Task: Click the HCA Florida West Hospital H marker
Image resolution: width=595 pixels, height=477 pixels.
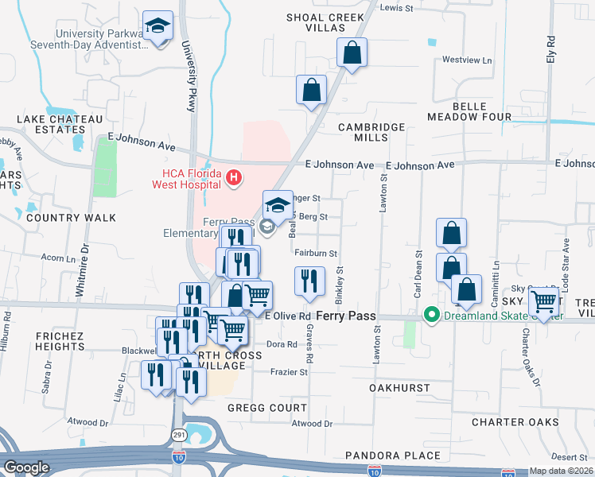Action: (x=234, y=176)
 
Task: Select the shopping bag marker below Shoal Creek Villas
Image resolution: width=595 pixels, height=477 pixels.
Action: (x=352, y=54)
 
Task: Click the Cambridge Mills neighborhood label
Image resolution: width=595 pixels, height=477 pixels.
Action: (x=371, y=132)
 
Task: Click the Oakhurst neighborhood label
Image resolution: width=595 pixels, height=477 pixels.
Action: (x=399, y=388)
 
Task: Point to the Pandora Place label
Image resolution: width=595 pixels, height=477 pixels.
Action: (x=392, y=456)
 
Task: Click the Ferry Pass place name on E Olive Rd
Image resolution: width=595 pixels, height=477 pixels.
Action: (x=346, y=316)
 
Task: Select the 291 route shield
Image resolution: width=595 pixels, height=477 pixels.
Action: (x=178, y=434)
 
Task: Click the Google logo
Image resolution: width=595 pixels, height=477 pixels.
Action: (x=26, y=467)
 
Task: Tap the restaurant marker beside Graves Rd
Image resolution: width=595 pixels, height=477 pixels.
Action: (x=309, y=281)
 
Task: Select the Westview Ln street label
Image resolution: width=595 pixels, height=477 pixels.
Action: (x=467, y=60)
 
